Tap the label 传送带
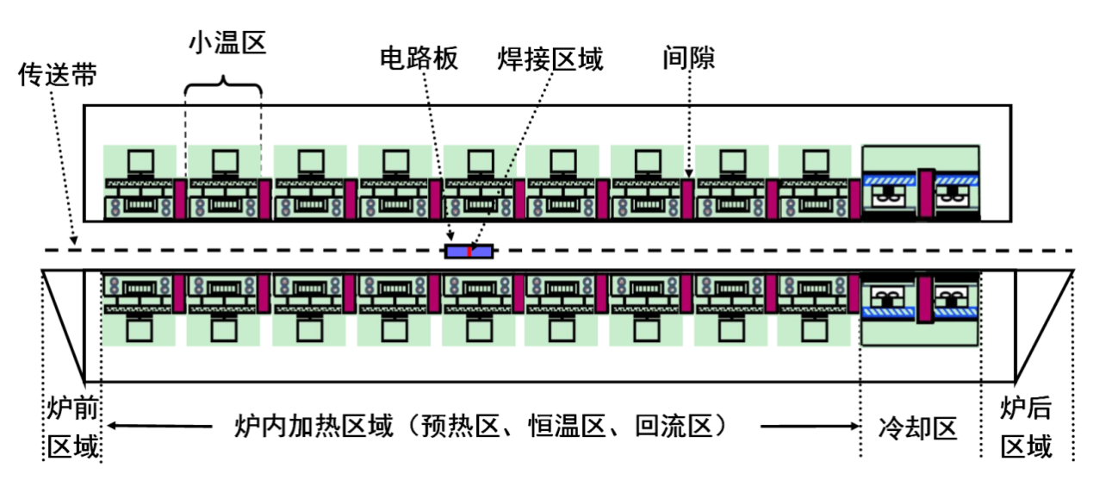58,76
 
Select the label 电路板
419,58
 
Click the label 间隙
689,58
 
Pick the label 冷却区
918,427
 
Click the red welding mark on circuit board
469,252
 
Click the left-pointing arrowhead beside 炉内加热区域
111,426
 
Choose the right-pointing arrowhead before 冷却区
853,426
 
